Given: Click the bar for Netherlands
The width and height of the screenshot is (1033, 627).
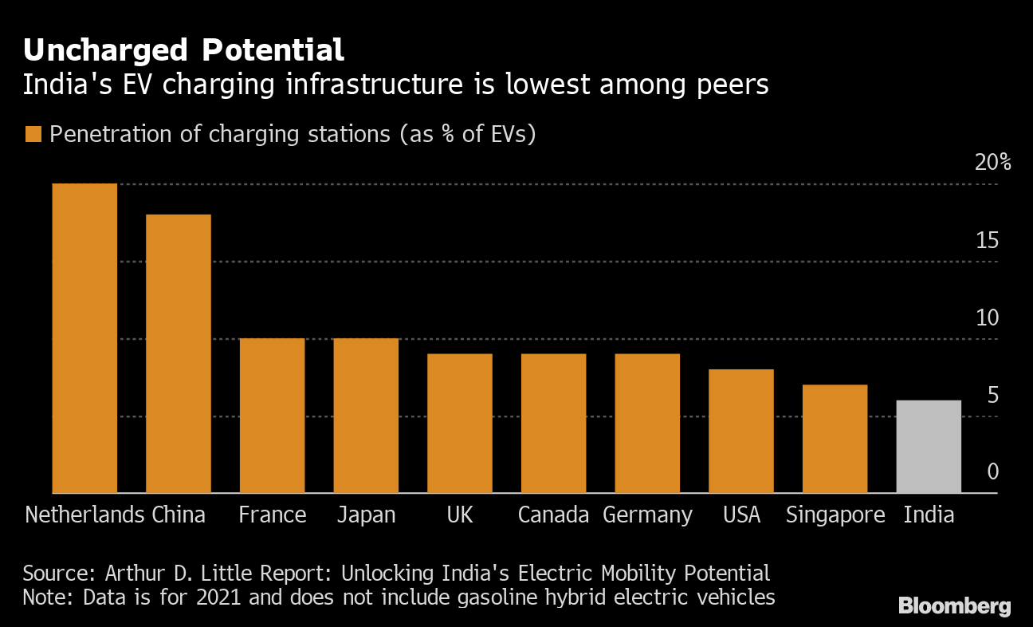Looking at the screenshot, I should pos(84,338).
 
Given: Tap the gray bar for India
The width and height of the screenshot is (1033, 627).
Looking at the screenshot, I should pos(929,447).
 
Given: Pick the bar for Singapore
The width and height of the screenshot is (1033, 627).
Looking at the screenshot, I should pos(835,439).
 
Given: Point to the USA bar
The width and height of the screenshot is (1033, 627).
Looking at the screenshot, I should pos(741,431).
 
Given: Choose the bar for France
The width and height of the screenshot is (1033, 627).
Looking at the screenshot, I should pos(273,416).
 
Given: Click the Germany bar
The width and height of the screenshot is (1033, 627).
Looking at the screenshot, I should pos(647,424).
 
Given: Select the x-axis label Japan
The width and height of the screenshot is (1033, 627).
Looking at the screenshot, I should pos(366,515).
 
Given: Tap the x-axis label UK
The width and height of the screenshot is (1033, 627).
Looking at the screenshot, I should pos(460,515).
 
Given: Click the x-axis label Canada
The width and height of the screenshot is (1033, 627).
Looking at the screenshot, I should pos(553,515).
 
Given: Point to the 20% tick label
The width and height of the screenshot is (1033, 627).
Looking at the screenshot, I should pos(992,163).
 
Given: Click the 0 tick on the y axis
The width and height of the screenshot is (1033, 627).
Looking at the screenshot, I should pos(992,471).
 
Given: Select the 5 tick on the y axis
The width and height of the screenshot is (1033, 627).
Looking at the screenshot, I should pos(992,395).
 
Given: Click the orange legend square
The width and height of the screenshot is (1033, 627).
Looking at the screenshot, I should pos(33,134).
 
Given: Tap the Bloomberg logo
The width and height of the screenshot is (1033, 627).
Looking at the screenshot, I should pos(954,606).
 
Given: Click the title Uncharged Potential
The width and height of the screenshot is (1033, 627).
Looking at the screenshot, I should pos(183,50).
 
